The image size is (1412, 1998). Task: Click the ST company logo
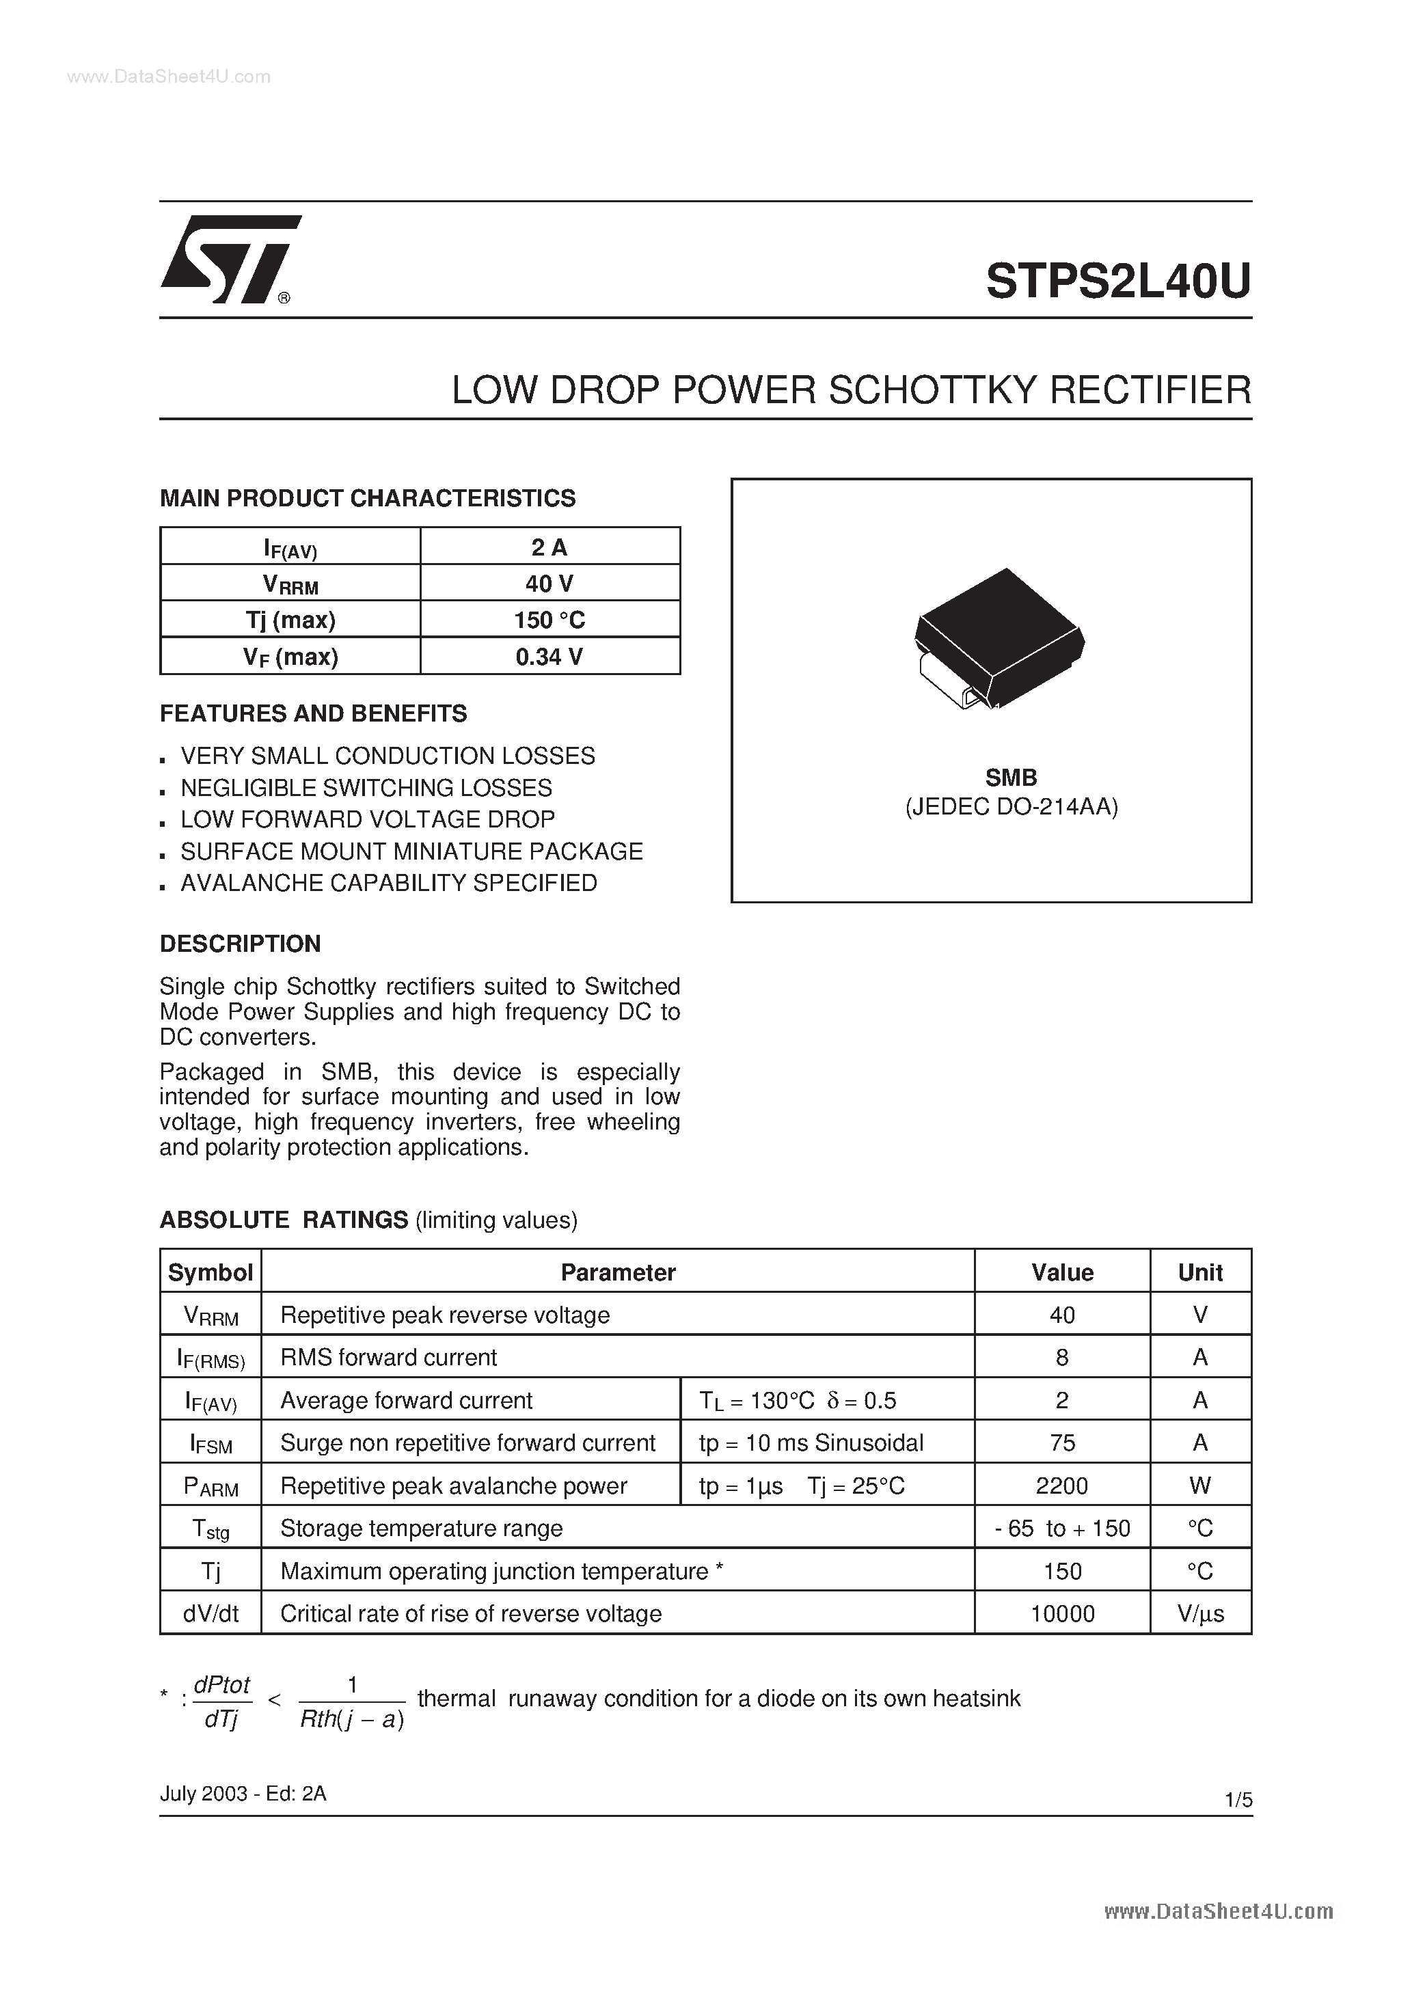[229, 260]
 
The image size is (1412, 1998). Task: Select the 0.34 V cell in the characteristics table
[549, 657]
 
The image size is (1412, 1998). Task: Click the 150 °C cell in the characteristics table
[549, 620]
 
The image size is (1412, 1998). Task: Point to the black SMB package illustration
[999, 637]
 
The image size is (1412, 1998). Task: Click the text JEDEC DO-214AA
[1012, 807]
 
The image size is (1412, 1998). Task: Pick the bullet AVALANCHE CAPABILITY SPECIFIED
[388, 884]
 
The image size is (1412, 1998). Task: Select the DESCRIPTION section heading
[241, 944]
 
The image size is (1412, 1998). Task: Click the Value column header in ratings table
[1062, 1273]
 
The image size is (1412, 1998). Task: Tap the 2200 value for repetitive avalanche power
[1062, 1486]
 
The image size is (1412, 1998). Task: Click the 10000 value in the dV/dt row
[1062, 1614]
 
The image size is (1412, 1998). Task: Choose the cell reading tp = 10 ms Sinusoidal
[811, 1444]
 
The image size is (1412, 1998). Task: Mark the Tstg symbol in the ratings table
[211, 1530]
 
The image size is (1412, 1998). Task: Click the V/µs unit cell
[1200, 1614]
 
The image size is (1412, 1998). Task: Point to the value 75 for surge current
[1062, 1444]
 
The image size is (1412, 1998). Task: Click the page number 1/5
[1238, 1801]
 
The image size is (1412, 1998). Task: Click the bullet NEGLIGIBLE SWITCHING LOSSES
[366, 789]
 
